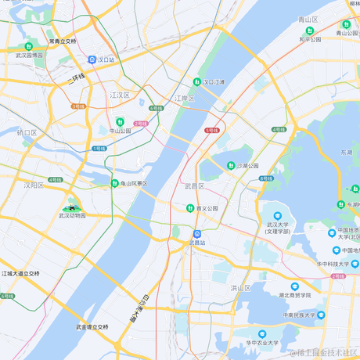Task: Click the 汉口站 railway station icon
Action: tap(92, 59)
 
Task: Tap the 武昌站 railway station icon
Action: tap(197, 233)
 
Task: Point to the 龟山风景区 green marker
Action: tap(115, 183)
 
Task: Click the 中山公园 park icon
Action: tap(120, 121)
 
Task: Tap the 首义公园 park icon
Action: tap(189, 208)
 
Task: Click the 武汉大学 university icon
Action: tap(278, 215)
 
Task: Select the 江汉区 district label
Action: tap(120, 95)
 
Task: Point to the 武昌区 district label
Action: tap(193, 186)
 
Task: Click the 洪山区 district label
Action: tap(239, 288)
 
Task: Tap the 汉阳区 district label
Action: tap(33, 185)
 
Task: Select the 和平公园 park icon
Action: tap(311, 31)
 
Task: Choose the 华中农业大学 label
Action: tap(261, 343)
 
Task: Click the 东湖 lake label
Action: tap(346, 152)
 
